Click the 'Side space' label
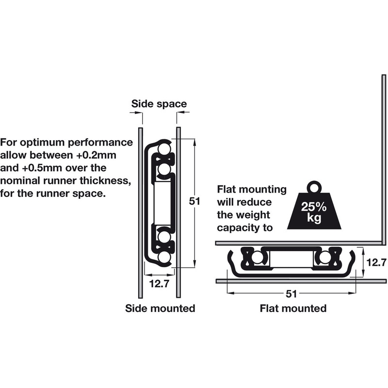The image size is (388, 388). (x=159, y=104)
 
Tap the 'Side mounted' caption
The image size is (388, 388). (x=160, y=308)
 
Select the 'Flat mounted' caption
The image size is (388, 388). (x=293, y=308)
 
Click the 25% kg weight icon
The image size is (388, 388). (x=311, y=209)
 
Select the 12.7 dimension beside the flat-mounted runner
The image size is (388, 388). (x=376, y=262)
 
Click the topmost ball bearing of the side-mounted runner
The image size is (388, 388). (x=164, y=148)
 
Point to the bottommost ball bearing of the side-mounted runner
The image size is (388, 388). (x=164, y=257)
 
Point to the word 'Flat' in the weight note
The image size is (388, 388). (x=229, y=189)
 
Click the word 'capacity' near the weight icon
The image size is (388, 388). (x=240, y=227)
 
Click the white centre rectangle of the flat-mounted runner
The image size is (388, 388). (x=290, y=258)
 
